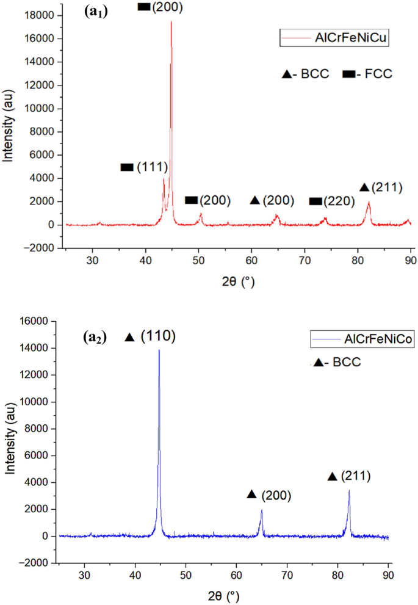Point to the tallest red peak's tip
click(171, 21)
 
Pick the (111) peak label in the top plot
click(152, 167)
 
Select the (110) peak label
click(159, 337)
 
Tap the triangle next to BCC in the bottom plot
click(317, 363)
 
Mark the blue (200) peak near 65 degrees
click(261, 510)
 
